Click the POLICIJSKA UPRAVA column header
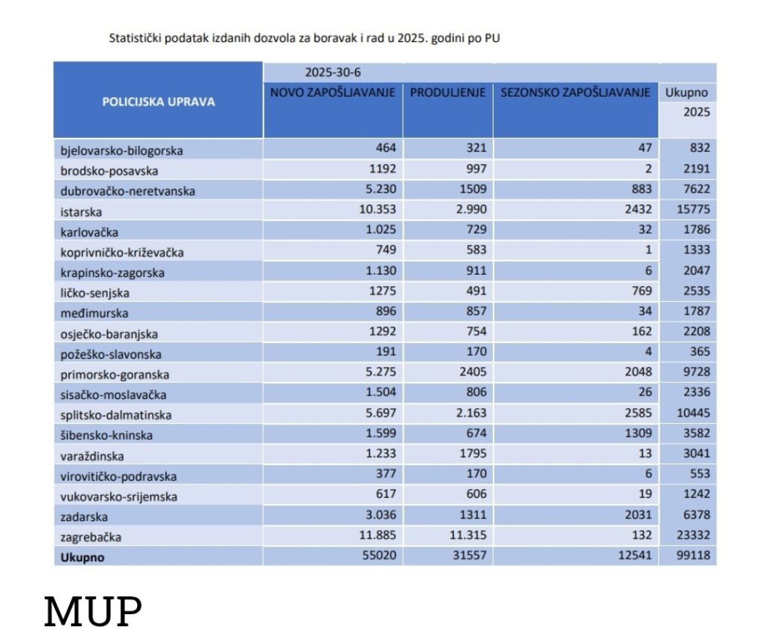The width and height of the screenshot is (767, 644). (158, 101)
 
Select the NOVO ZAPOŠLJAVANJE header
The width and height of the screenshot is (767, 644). (333, 93)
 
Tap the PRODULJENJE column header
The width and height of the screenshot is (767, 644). (448, 93)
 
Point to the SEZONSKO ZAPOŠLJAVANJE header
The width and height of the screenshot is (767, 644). (575, 93)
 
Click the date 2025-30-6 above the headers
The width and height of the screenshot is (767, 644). (333, 73)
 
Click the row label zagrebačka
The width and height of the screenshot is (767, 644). (91, 537)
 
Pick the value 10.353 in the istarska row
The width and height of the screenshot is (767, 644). (376, 210)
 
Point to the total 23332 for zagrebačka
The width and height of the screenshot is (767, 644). (691, 535)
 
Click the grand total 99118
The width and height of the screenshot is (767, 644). (691, 556)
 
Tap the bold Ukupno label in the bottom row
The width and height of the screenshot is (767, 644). (82, 557)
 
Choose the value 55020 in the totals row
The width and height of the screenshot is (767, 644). (378, 556)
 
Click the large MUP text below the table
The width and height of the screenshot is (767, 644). (93, 612)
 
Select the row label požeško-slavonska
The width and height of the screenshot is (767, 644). (111, 354)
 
